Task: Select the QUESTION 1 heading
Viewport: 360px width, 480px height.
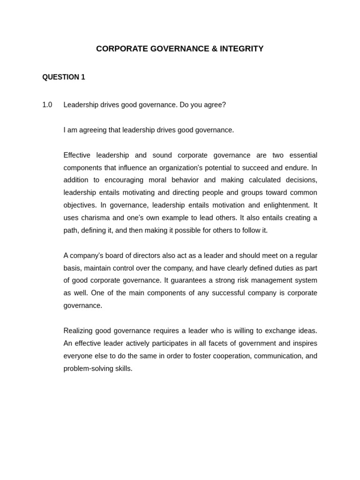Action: coord(64,77)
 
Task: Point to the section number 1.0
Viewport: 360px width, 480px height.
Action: coord(47,105)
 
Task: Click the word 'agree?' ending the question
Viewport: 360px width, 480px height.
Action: coord(215,105)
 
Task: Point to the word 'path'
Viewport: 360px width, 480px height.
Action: coord(71,231)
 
